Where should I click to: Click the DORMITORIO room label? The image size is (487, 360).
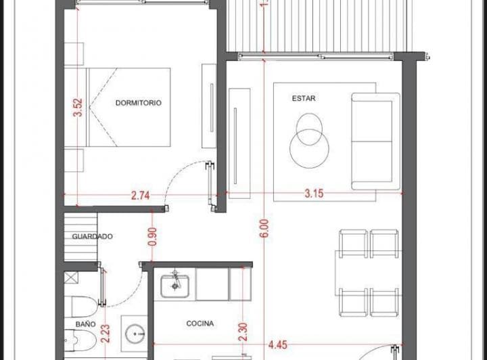138,103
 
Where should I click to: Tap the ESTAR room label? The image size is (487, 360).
304,99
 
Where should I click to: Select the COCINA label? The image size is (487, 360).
200,323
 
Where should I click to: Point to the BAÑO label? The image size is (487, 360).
85,324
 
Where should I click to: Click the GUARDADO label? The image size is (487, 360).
92,236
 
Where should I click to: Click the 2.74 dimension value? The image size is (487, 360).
141,196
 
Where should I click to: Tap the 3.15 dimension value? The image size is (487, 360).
314,194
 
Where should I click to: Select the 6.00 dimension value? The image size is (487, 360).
264,228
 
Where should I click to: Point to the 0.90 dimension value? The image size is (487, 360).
152,237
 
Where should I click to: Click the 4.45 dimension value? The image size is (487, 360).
278,345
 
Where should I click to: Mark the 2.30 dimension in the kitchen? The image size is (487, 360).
243,332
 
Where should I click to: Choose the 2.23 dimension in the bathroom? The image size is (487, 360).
106,334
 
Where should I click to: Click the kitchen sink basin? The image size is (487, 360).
175,286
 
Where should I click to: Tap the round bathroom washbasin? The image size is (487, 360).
135,334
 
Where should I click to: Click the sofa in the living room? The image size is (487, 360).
375,141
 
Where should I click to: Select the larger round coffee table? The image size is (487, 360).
309,149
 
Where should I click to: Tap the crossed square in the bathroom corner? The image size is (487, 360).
72,277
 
